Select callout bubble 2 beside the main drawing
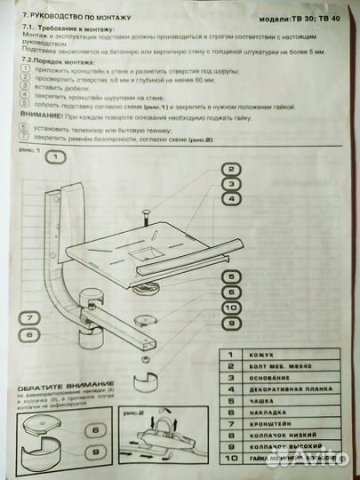coord(230,170)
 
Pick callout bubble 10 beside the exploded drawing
coord(230,308)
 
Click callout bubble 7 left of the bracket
coord(28,316)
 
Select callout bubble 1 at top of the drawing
coord(54,157)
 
